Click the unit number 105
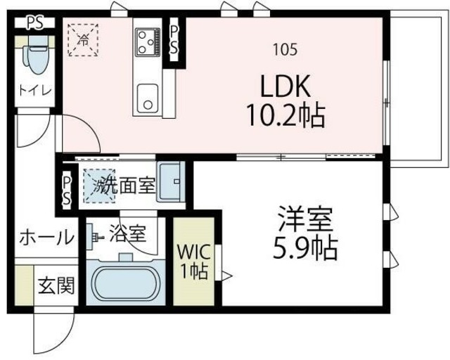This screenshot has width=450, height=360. click(285, 49)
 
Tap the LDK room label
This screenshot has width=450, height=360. click(285, 87)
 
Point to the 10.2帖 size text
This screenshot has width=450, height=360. click(285, 114)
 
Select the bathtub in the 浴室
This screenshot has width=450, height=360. click(124, 283)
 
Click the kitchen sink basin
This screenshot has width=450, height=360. click(148, 97)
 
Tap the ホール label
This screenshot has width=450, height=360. click(46, 237)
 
